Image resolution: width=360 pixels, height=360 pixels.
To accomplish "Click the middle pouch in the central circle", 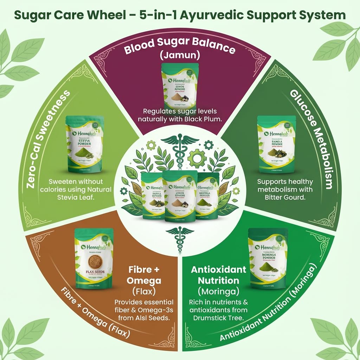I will point(179,196).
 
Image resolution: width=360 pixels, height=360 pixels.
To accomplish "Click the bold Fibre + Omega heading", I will point(145,275).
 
